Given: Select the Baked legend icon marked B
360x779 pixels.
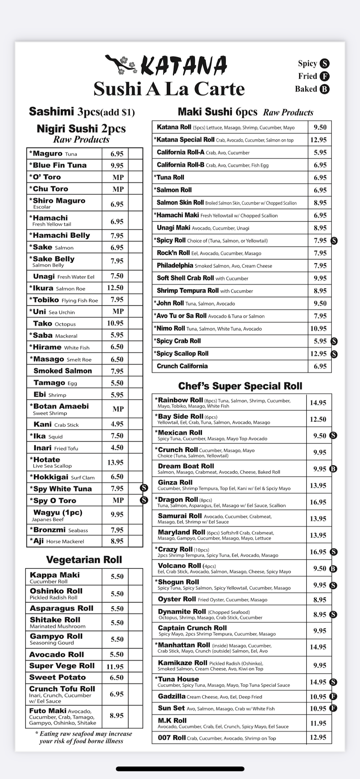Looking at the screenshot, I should [x=325, y=89].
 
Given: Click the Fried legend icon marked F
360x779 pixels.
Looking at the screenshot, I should [x=325, y=76].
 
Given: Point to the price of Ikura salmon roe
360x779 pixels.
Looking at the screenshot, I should [x=115, y=288].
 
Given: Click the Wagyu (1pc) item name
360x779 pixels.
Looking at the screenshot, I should [x=58, y=513].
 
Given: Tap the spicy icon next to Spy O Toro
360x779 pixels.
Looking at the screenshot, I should [x=144, y=500].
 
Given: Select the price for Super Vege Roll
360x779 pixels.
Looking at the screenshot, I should [x=115, y=666].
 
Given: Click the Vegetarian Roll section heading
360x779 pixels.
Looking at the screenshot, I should [x=84, y=560].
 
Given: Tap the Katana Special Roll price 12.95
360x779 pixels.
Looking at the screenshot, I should [x=318, y=140].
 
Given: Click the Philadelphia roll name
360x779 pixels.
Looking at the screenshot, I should [x=175, y=266].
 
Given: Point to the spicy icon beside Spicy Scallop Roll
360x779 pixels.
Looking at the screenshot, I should [x=334, y=354].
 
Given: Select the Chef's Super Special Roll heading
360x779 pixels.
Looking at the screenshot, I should [x=240, y=386].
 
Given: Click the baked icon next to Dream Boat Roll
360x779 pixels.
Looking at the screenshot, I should [x=333, y=469].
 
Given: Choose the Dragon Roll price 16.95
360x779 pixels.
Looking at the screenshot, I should [x=318, y=502].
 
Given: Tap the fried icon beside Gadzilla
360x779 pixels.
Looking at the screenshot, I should [x=333, y=696].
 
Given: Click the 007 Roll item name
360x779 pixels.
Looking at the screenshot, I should [x=172, y=738].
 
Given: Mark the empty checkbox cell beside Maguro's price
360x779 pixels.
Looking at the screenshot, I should [x=136, y=153].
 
